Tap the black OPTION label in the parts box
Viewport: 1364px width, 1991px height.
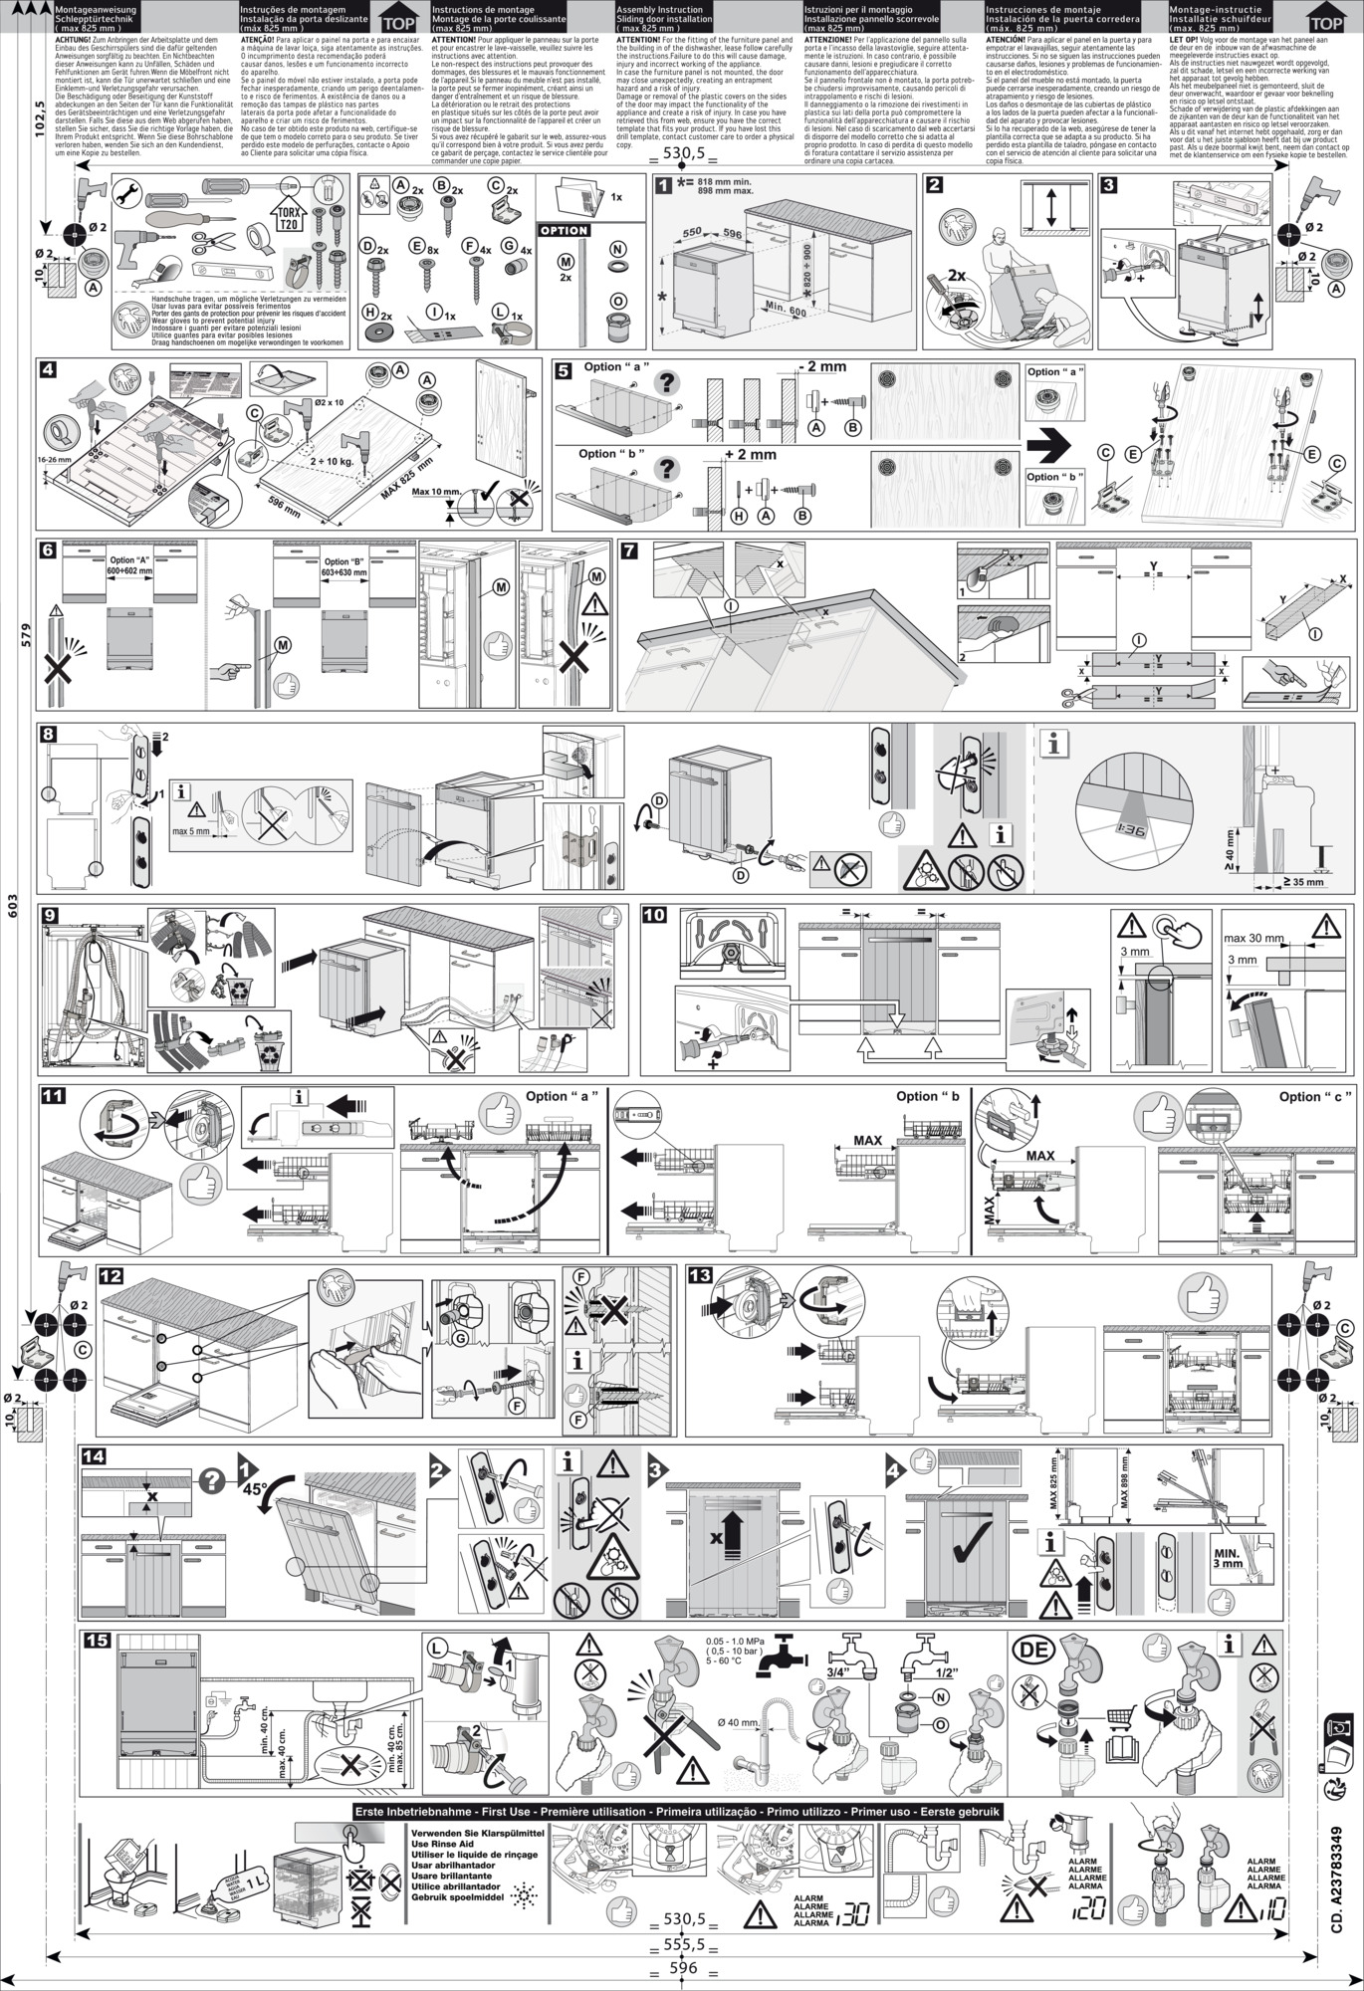click(x=565, y=230)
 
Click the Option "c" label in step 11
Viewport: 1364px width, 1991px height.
click(x=1315, y=1096)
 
